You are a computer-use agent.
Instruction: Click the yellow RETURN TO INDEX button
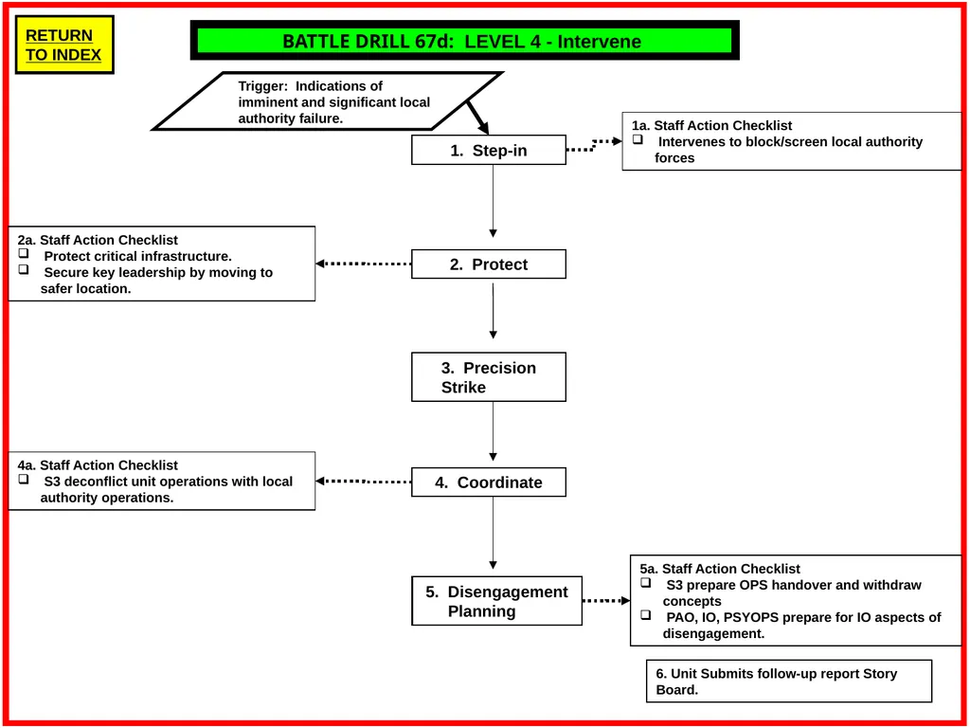pyautogui.click(x=64, y=45)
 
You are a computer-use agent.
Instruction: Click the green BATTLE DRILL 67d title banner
pyautogui.click(x=464, y=41)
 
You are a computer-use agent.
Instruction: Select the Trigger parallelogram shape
pyautogui.click(x=328, y=100)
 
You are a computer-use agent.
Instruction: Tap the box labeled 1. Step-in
pyautogui.click(x=489, y=150)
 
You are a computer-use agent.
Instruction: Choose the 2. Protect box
pyautogui.click(x=489, y=264)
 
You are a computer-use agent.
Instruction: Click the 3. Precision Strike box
pyautogui.click(x=489, y=377)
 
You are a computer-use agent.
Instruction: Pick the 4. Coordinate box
pyautogui.click(x=489, y=482)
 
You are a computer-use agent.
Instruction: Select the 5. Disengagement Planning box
pyautogui.click(x=496, y=601)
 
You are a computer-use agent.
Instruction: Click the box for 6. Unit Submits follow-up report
pyautogui.click(x=789, y=681)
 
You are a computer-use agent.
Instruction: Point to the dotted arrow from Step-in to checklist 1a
pyautogui.click(x=594, y=145)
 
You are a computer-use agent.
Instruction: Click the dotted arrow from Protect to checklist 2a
pyautogui.click(x=363, y=264)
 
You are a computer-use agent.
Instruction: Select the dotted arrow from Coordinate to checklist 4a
pyautogui.click(x=363, y=481)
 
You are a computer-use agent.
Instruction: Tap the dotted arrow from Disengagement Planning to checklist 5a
pyautogui.click(x=606, y=600)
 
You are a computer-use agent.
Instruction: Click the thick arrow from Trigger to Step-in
pyautogui.click(x=478, y=117)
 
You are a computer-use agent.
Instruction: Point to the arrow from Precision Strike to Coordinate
pyautogui.click(x=493, y=431)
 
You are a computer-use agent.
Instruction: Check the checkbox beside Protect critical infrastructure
pyautogui.click(x=24, y=253)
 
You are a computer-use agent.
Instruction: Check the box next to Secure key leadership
pyautogui.click(x=24, y=269)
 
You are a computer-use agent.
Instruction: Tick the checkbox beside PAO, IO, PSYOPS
pyautogui.click(x=646, y=614)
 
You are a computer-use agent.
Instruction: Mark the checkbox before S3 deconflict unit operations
pyautogui.click(x=24, y=479)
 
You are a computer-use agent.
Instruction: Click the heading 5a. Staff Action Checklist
pyautogui.click(x=720, y=569)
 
